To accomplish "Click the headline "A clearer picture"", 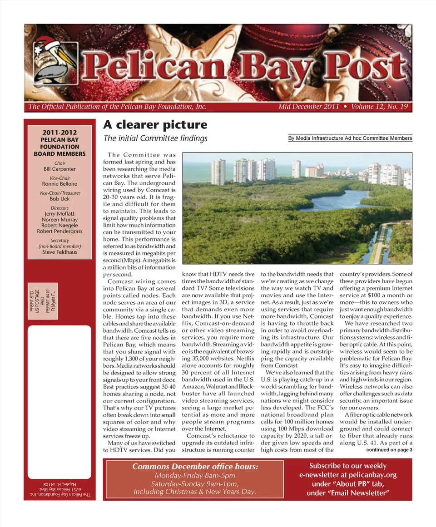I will [x=155, y=125].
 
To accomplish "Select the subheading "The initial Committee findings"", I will [x=155, y=138].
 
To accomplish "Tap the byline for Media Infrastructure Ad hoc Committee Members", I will [x=350, y=138].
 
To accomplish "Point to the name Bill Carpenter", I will [x=59, y=169].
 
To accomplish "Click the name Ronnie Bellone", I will [x=59, y=184].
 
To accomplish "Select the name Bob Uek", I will [x=59, y=199].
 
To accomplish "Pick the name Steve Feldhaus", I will [x=59, y=252].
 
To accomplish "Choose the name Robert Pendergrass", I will [x=59, y=231].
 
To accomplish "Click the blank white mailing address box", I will [x=59, y=390].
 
